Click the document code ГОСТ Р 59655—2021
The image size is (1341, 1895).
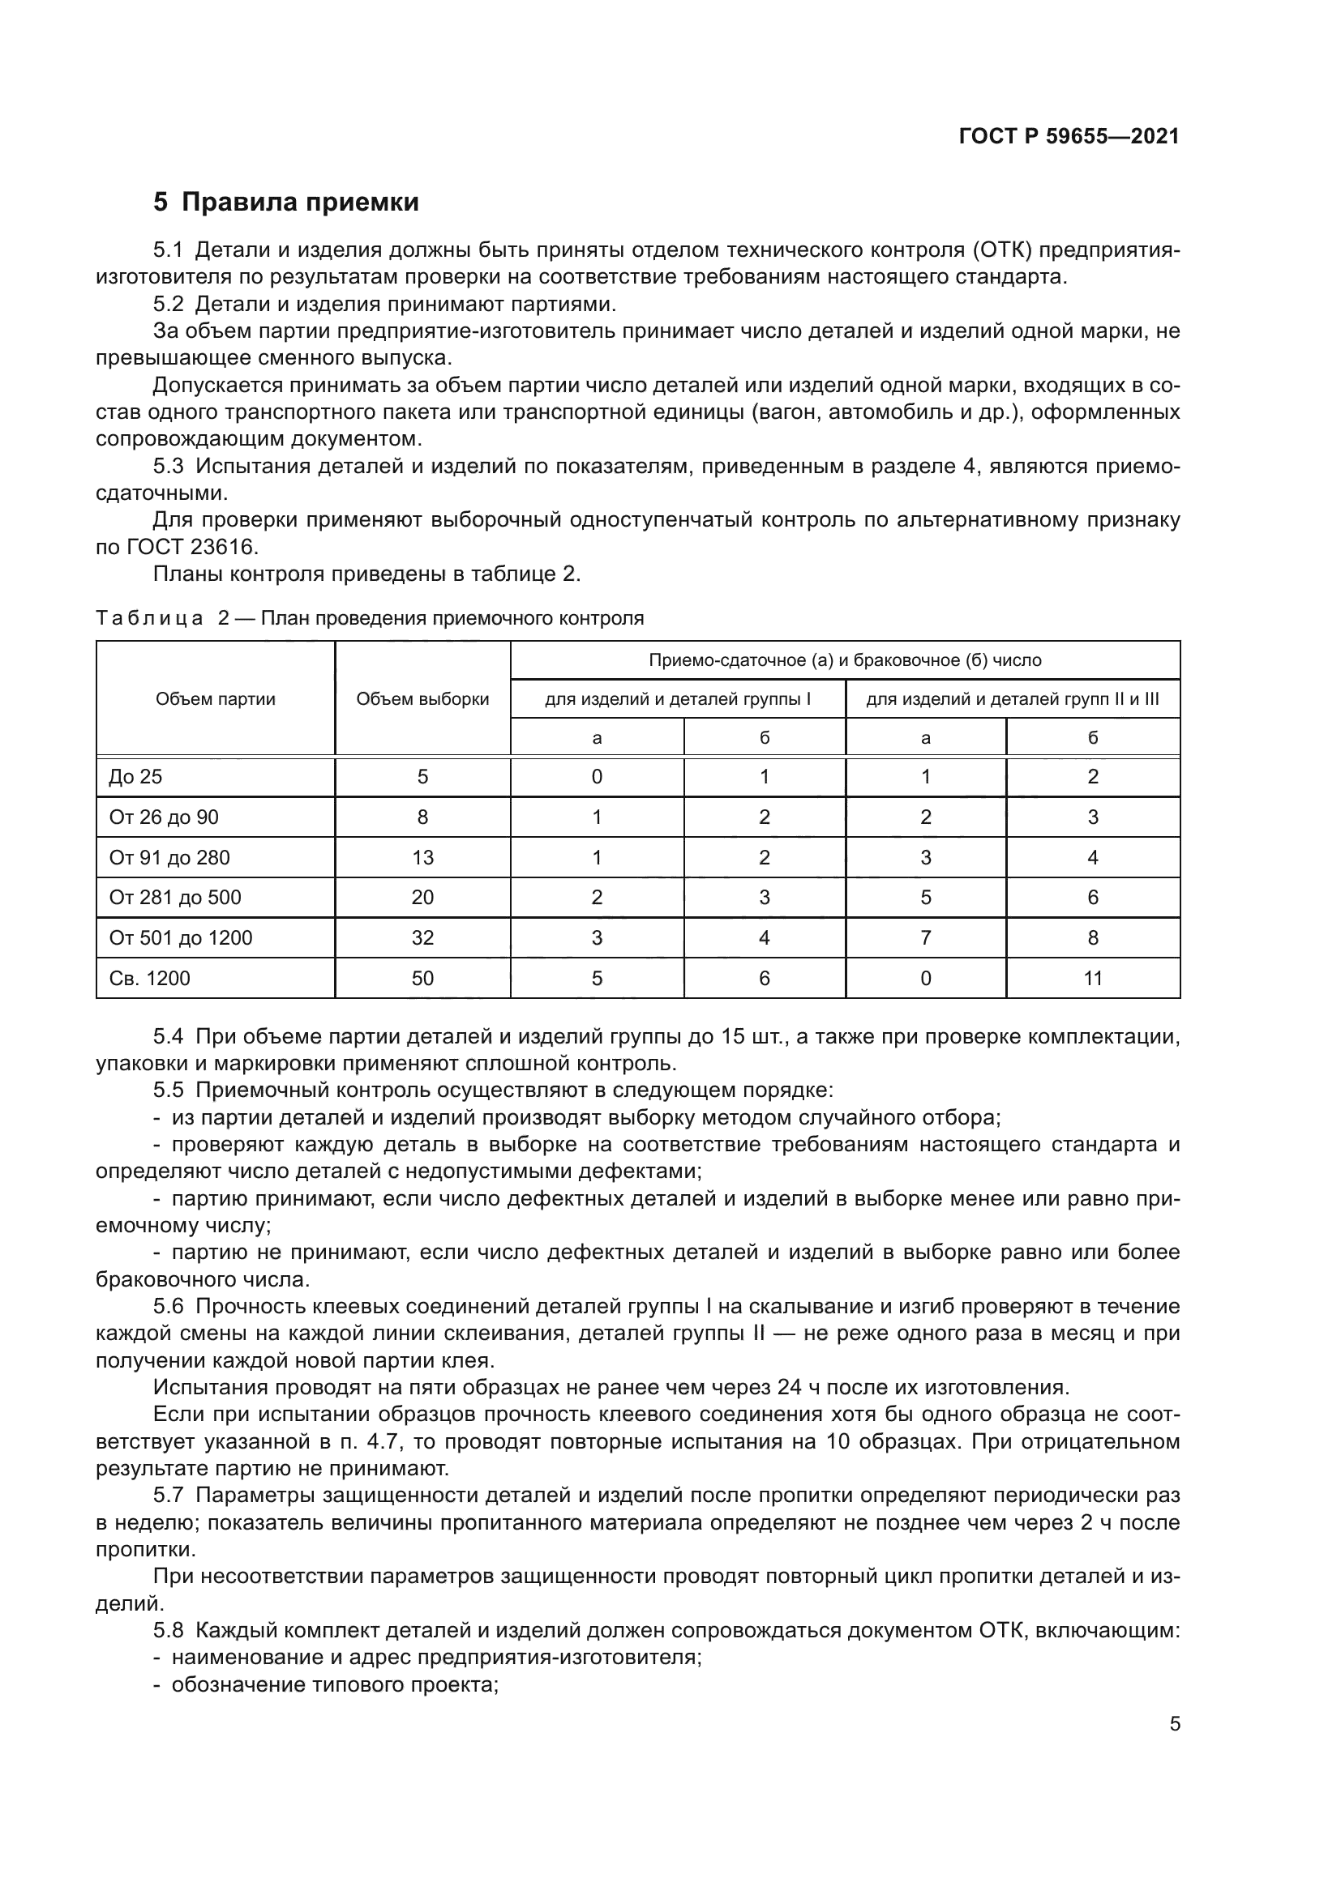(1069, 136)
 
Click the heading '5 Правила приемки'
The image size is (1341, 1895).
(285, 203)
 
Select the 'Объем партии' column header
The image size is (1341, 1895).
(216, 699)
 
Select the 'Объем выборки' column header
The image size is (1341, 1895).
(422, 699)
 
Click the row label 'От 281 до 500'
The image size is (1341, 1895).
(175, 897)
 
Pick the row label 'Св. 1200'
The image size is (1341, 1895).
(149, 978)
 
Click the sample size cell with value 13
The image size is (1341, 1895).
(422, 857)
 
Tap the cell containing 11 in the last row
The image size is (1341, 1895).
(1092, 978)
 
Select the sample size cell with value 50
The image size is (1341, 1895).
(422, 978)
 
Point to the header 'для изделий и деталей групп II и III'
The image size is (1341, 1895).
(1013, 699)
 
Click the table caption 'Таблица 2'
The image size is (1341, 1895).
(162, 618)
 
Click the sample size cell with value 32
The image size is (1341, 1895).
(422, 937)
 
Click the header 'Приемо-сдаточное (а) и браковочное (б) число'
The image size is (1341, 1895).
(845, 660)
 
